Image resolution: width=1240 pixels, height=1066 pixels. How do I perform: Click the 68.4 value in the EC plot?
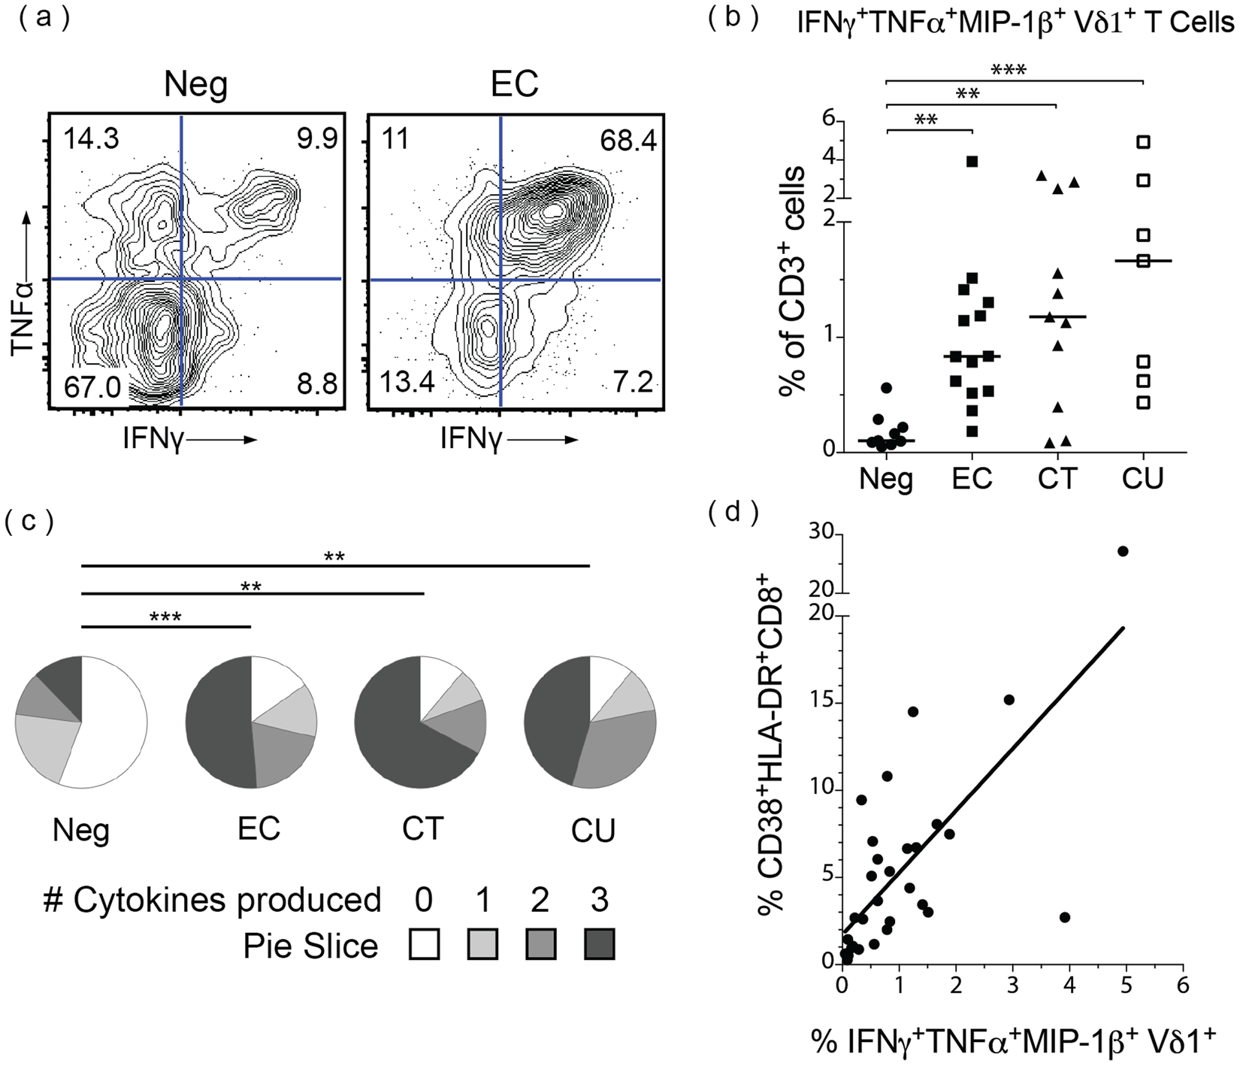pos(628,141)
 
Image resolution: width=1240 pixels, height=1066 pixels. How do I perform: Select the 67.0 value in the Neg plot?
pos(92,387)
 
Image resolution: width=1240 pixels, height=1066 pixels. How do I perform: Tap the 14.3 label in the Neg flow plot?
pos(91,139)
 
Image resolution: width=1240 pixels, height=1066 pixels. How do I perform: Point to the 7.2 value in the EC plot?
pos(632,383)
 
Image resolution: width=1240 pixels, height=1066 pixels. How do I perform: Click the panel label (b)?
pos(733,19)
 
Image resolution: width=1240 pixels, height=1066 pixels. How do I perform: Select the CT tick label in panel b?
pos(1057,478)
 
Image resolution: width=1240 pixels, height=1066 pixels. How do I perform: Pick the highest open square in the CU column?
pos(1143,141)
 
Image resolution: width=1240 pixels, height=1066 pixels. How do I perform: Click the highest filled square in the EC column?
pos(972,162)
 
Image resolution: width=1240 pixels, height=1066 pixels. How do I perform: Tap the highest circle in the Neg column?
pos(887,388)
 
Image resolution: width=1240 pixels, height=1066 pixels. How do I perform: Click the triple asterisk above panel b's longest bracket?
pos(1009,71)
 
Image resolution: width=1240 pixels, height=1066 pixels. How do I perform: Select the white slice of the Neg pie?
pos(113,722)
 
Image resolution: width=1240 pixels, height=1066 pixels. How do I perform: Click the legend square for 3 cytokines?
pos(599,945)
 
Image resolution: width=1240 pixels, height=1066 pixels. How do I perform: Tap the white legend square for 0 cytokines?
pos(424,945)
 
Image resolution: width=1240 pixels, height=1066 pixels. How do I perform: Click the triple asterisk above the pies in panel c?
pos(165,617)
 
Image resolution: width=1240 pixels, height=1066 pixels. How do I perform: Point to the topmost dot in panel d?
pos(1123,551)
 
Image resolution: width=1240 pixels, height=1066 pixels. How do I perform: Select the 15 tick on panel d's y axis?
pos(824,704)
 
